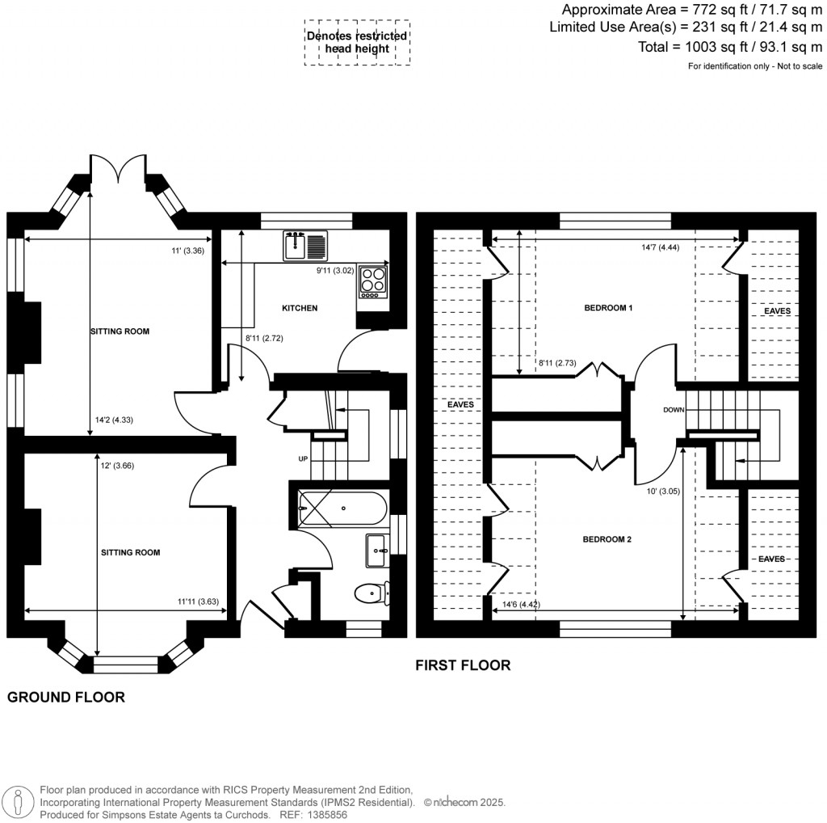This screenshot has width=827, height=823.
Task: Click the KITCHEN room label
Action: point(300,308)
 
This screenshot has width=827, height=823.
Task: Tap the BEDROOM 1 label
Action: point(608,308)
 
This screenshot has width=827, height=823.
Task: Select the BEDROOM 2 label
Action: point(607,539)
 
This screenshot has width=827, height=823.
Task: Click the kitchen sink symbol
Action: point(305,245)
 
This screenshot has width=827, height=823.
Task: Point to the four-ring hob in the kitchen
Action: point(373,281)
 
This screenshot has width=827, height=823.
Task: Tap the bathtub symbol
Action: point(342,509)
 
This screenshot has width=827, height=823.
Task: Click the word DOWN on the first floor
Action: point(674,410)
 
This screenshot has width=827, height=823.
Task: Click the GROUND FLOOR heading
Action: point(66,697)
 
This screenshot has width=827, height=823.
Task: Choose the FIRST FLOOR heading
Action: point(463,665)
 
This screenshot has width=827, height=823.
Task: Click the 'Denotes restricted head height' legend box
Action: point(356,42)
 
